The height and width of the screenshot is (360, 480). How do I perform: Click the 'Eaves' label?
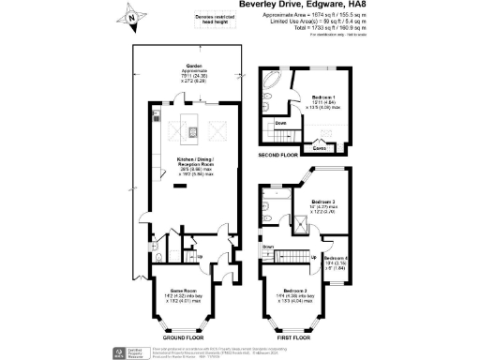pos(320,147)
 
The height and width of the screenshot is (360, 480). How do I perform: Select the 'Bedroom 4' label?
pos(335,258)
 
